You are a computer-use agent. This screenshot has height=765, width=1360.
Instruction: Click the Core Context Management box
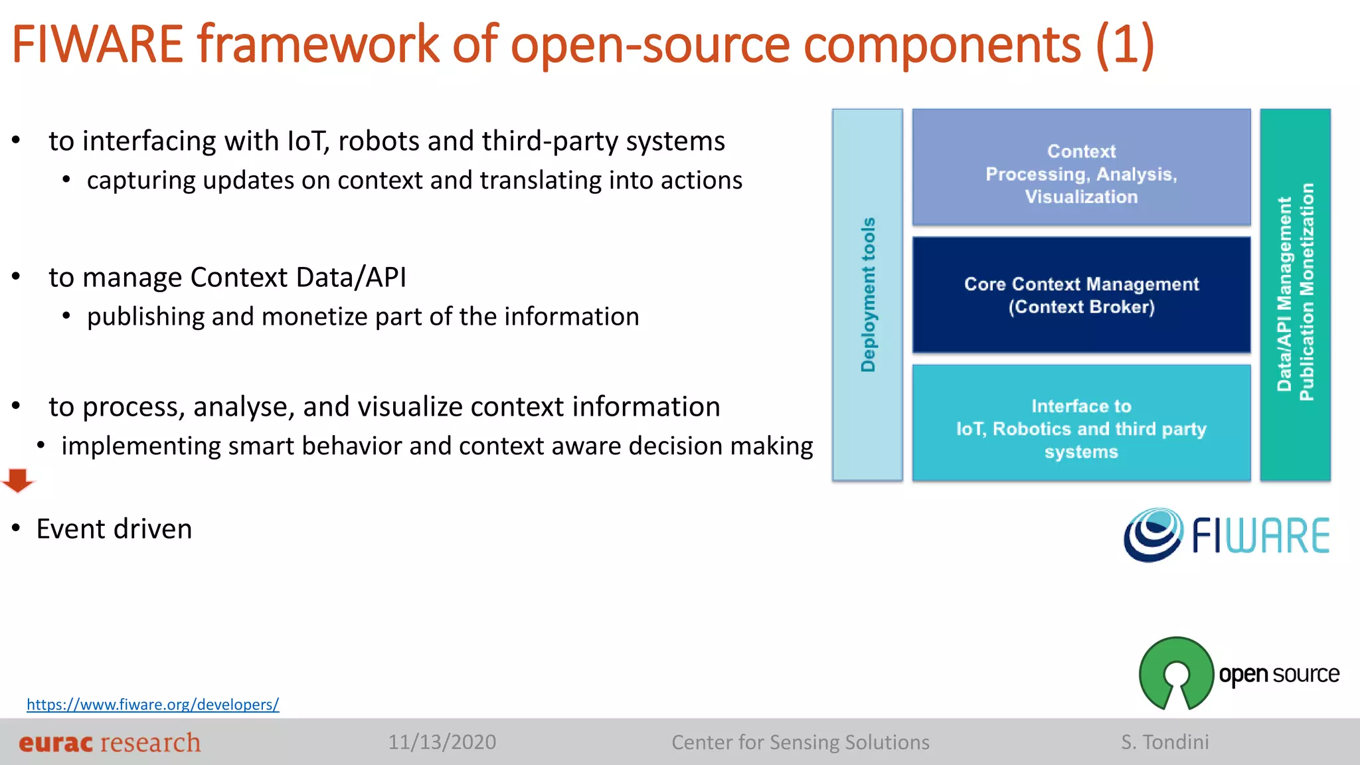click(x=1081, y=295)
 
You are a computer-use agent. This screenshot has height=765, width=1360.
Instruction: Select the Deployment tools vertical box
click(x=867, y=295)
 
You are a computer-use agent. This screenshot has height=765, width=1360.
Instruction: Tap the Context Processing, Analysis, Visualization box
click(x=1081, y=167)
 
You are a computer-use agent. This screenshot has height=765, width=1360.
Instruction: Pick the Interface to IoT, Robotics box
click(x=1081, y=423)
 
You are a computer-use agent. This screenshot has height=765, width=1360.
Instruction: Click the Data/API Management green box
click(x=1295, y=295)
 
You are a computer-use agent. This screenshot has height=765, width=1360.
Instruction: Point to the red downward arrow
click(x=18, y=480)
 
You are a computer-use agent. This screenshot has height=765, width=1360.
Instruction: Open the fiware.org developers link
click(x=153, y=704)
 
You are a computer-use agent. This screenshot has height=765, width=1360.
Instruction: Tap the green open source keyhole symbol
click(x=1176, y=673)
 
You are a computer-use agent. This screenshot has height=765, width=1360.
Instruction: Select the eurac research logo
click(x=110, y=742)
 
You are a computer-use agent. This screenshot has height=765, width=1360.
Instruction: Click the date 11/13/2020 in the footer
click(x=442, y=742)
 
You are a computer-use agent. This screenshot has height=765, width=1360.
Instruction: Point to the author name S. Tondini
click(x=1165, y=742)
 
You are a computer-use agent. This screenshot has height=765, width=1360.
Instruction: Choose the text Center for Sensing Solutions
click(x=800, y=742)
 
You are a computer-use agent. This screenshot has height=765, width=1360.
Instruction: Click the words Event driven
click(x=114, y=529)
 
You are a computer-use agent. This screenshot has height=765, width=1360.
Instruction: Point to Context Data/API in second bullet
click(x=298, y=278)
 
